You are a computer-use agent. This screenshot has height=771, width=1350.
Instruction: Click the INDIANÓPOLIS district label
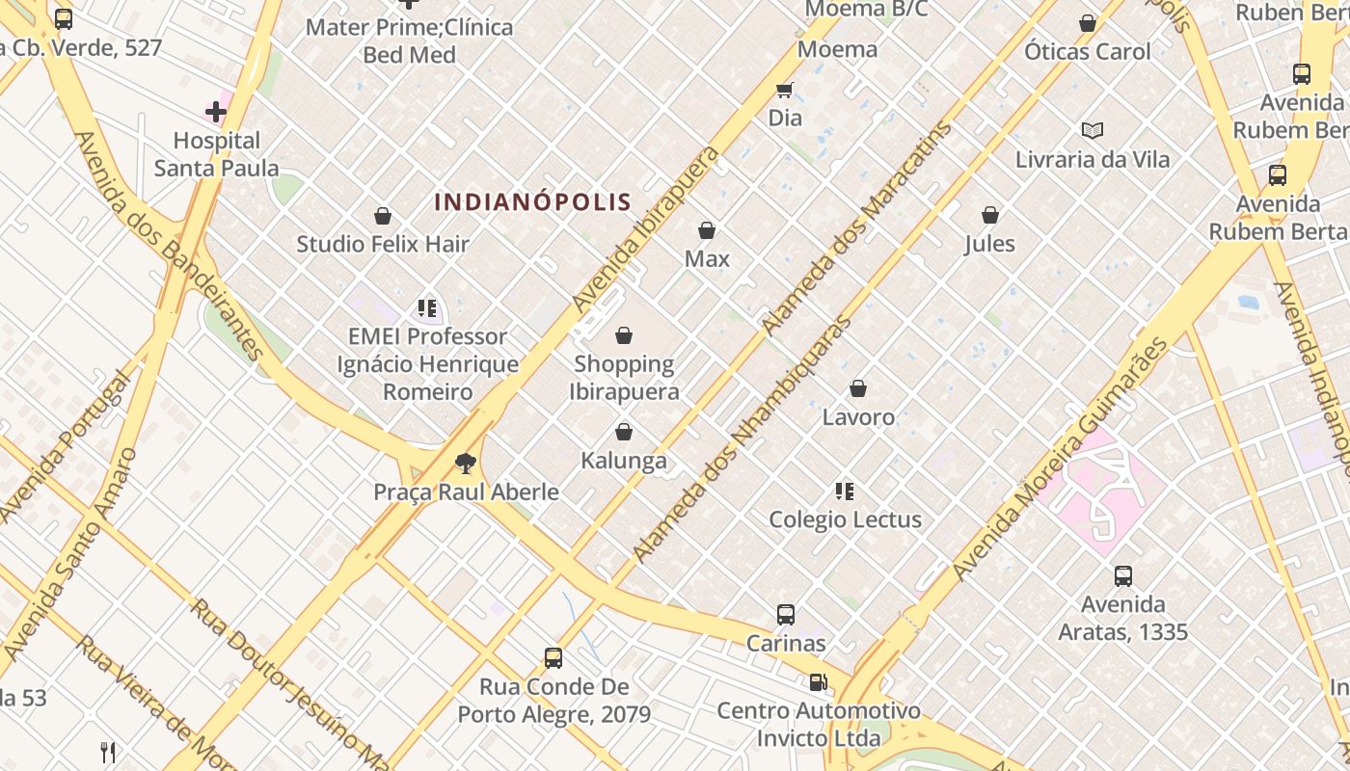[532, 202]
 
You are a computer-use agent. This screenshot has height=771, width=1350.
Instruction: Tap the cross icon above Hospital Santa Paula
[216, 113]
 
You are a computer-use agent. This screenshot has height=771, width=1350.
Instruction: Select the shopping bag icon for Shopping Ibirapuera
[624, 335]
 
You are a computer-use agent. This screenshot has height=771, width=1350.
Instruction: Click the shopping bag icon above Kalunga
[624, 432]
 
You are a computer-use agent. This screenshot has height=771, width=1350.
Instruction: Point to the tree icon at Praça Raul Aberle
[466, 464]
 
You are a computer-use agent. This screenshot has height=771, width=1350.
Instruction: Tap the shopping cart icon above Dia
[785, 90]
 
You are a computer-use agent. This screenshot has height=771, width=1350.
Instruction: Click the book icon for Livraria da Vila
[1092, 130]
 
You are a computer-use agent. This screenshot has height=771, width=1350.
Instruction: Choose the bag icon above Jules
[990, 215]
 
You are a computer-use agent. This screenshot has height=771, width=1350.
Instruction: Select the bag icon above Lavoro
[858, 388]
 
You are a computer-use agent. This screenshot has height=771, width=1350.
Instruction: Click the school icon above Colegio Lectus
[845, 492]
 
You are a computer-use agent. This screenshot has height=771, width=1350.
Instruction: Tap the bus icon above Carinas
[786, 614]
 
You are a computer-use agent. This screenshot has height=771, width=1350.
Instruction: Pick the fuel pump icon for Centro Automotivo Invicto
[818, 682]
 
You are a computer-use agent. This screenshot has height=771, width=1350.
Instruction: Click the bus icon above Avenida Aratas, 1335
[1123, 576]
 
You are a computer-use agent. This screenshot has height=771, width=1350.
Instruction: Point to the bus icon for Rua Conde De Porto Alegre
[553, 658]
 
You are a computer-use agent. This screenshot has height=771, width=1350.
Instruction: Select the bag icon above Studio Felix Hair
[383, 216]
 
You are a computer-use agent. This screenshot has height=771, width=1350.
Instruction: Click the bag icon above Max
[707, 230]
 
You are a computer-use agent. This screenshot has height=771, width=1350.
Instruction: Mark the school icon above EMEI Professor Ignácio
[427, 308]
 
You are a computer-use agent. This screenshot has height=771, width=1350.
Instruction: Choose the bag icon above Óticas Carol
[1088, 23]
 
